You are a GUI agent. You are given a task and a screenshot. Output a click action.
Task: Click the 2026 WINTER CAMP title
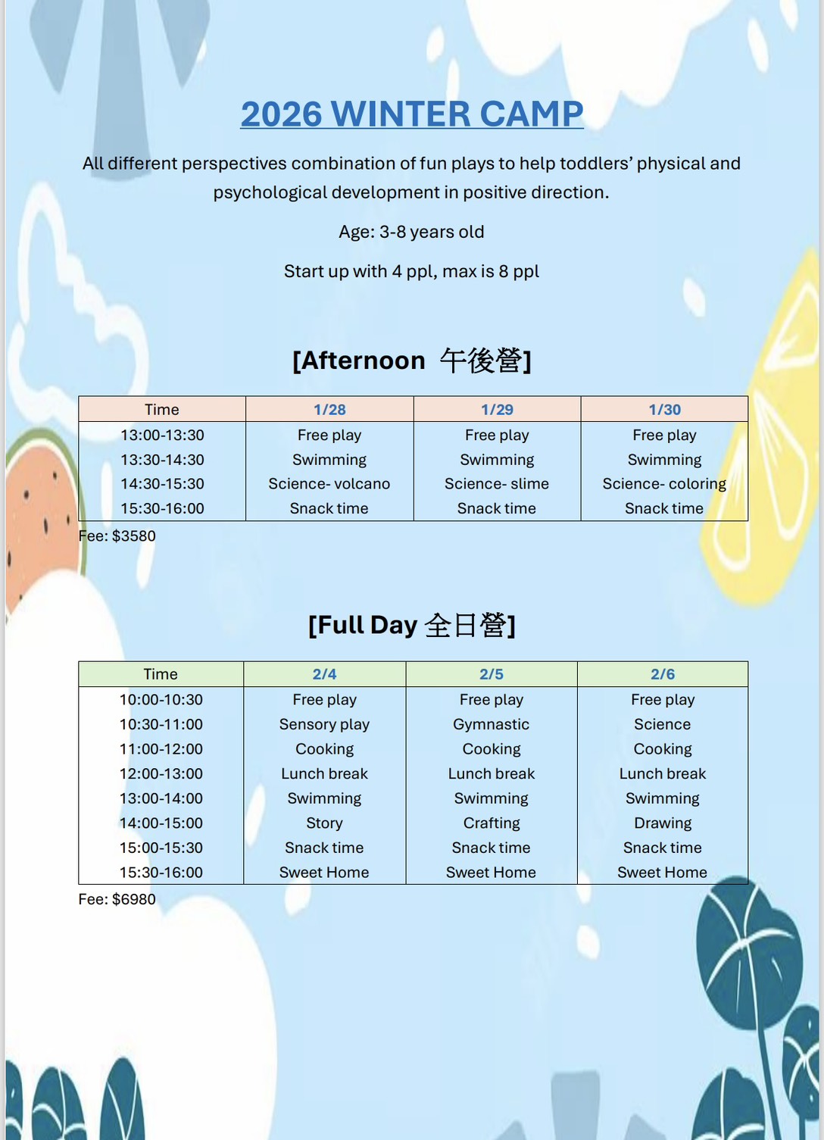[411, 114]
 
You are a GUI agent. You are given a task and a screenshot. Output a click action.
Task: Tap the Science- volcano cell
[329, 484]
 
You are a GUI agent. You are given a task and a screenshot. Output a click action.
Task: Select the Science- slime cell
[497, 484]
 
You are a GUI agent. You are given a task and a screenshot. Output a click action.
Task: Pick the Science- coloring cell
[664, 484]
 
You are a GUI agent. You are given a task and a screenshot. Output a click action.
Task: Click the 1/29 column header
[497, 410]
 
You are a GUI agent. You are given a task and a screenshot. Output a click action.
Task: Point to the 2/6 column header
[663, 674]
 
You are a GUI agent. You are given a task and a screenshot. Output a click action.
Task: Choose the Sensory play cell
[324, 724]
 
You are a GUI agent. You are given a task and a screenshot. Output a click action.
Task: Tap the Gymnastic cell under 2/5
[491, 724]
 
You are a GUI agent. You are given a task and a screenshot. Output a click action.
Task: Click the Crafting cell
[492, 823]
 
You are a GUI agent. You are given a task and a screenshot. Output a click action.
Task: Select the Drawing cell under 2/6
[663, 823]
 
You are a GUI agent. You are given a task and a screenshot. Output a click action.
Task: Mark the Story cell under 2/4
[324, 823]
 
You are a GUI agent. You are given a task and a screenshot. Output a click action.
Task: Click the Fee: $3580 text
[117, 536]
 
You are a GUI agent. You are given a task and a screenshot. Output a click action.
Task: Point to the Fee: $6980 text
[117, 899]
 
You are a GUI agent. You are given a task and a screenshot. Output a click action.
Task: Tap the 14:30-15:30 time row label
[162, 484]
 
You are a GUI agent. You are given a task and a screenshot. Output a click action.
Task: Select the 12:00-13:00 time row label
[161, 773]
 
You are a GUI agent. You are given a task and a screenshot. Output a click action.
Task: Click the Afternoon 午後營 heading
[411, 361]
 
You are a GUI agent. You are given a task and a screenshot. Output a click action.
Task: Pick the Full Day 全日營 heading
[411, 625]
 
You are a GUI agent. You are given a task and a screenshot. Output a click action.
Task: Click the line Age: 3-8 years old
[411, 232]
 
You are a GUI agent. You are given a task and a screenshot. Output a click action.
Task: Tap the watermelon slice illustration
[42, 523]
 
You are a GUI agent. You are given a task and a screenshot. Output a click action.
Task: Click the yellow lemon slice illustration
[765, 454]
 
